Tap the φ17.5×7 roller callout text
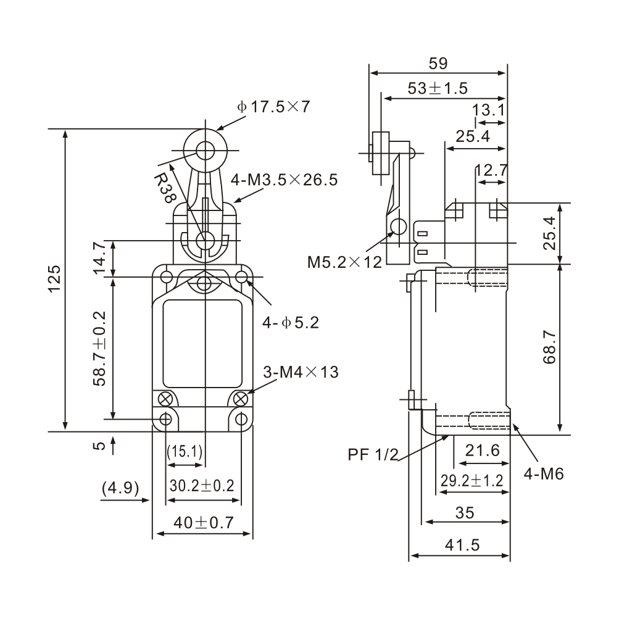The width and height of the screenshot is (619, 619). coord(272,106)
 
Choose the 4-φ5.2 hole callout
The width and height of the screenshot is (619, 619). coord(290,322)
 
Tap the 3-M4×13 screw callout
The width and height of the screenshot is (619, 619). coord(301,372)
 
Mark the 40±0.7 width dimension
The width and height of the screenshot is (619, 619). coord(203,522)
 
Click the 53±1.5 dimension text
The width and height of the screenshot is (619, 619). coord(438,88)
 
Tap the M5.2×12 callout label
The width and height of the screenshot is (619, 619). coord(345,262)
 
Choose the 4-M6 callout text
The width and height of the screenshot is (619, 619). coord(544,473)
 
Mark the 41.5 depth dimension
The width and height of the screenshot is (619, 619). coord(461,545)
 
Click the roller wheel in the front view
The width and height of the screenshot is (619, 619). coord(204,149)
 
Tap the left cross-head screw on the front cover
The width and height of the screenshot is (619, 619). coord(166,397)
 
